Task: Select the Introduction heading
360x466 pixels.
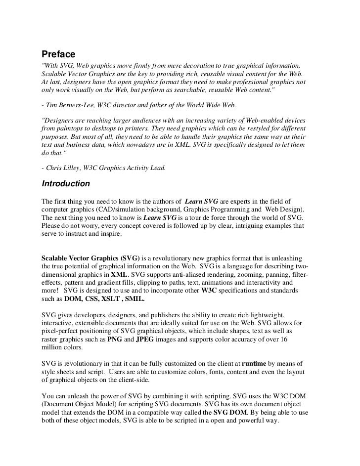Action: pyautogui.click(x=66, y=184)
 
